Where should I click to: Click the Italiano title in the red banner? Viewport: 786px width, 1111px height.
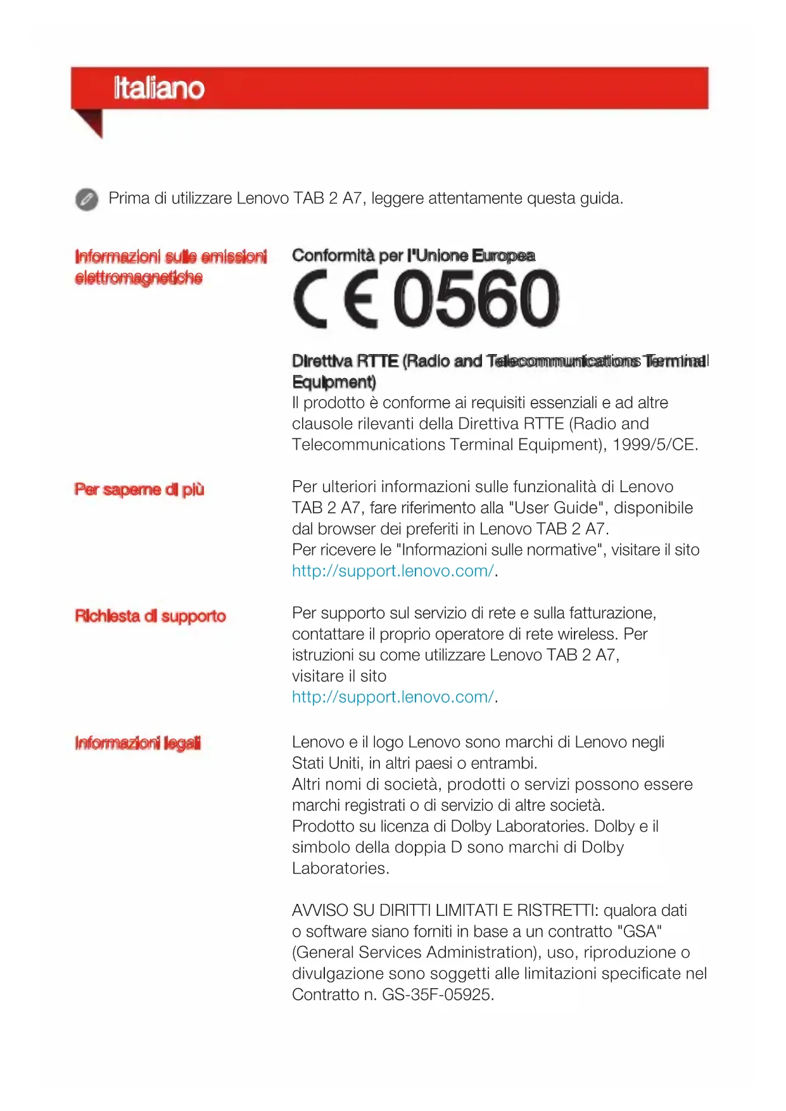[159, 88]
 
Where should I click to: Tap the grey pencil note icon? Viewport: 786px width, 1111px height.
[87, 199]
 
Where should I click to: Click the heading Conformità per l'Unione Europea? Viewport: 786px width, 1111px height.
[413, 256]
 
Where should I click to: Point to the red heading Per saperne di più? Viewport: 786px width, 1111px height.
[139, 490]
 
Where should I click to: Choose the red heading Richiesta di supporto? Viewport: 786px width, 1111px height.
[150, 616]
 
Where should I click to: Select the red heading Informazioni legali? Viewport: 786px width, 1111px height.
[137, 743]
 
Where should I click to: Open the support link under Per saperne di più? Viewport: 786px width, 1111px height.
[393, 571]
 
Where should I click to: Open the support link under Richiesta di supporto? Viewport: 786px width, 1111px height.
[393, 697]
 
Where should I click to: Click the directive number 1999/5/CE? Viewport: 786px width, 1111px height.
[654, 445]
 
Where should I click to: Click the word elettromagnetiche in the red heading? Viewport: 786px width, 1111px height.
[139, 278]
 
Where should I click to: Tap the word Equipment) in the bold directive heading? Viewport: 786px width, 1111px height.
[334, 382]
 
